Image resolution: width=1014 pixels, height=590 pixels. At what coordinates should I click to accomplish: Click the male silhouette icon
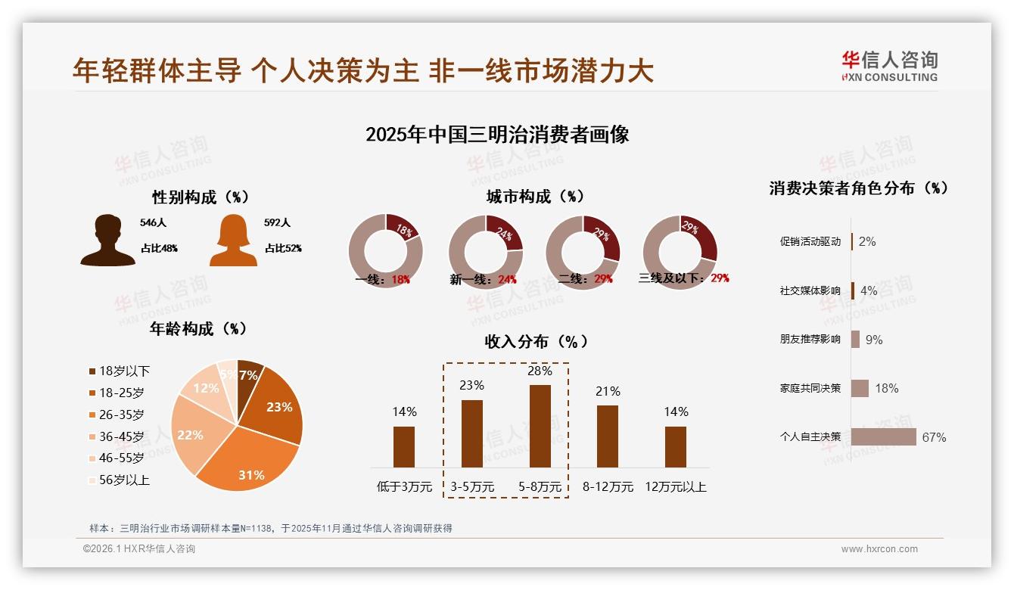[x=107, y=240]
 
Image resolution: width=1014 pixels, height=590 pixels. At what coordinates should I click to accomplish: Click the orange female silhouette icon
[x=233, y=240]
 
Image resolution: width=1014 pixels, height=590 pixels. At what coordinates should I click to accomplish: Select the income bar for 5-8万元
[x=540, y=426]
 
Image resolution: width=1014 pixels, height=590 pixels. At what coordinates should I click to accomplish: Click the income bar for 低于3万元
[x=404, y=446]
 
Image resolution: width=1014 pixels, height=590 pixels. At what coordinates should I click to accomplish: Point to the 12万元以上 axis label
[x=675, y=487]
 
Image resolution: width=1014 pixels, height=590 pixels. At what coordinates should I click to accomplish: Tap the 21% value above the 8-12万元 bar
[x=608, y=391]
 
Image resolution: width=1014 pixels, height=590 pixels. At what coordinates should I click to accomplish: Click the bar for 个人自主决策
[x=883, y=437]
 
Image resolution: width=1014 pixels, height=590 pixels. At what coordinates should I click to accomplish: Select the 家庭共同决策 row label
[x=810, y=388]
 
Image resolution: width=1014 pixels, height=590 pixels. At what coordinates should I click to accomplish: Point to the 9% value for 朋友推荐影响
[x=874, y=340]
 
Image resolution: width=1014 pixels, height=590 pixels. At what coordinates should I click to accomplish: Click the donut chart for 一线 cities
[x=385, y=250]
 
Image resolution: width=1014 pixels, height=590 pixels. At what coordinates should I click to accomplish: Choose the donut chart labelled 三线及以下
[x=680, y=249]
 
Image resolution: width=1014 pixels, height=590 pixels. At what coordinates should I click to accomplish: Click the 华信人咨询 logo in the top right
[x=889, y=66]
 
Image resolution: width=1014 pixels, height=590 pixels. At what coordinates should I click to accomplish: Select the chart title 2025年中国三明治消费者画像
[x=497, y=135]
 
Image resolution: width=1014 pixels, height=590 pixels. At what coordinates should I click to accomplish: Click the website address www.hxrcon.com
[x=879, y=549]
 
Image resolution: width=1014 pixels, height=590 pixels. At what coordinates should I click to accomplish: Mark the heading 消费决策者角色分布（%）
[x=858, y=188]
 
